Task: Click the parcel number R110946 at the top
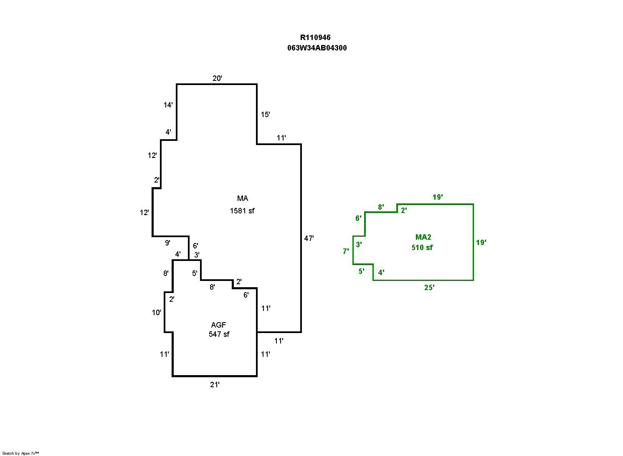tap(315, 38)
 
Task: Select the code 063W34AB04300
tap(317, 48)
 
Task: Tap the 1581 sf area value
tap(242, 211)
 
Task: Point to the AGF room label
tap(218, 325)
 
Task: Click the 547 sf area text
tap(219, 334)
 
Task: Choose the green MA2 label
tap(423, 237)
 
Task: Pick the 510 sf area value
tap(422, 248)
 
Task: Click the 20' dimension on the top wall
tap(217, 78)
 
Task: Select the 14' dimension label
tap(168, 105)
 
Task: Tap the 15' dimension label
tap(265, 115)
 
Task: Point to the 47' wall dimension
tap(309, 238)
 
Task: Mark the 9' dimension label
tap(167, 243)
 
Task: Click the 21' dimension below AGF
tap(215, 385)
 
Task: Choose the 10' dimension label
tap(156, 313)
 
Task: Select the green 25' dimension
tap(429, 288)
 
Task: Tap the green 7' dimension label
tap(346, 251)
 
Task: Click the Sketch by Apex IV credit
tap(20, 453)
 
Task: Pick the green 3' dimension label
tap(359, 245)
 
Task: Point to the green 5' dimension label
tap(361, 271)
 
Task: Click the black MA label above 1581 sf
tap(243, 198)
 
